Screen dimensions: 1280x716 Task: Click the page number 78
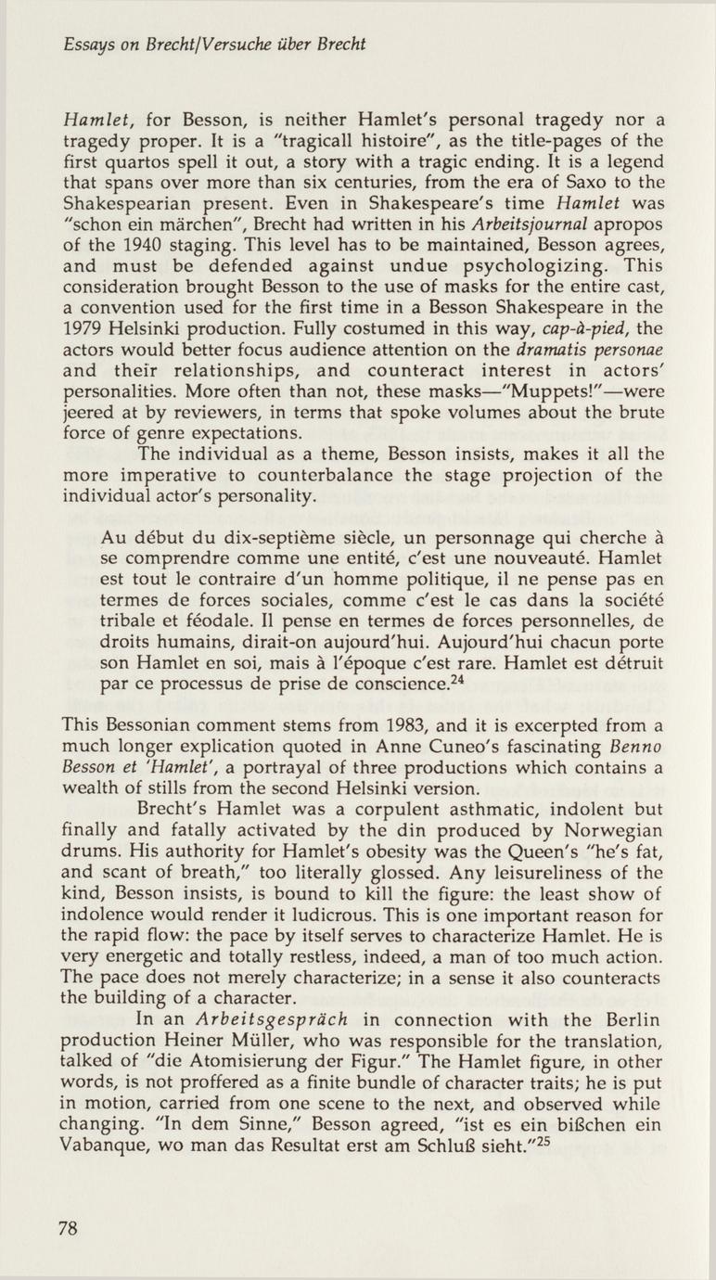[68, 1228]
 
